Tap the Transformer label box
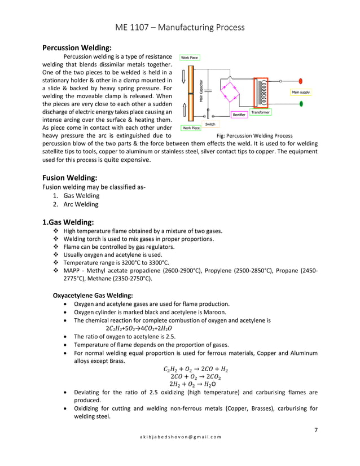click(260, 112)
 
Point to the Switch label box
click(209, 124)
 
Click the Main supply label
click(300, 92)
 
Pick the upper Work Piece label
click(190, 58)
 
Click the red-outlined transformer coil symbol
click(261, 91)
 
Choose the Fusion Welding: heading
click(70, 178)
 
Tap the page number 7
click(315, 430)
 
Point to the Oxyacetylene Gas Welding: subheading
click(93, 295)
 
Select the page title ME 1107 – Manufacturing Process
click(179, 27)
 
